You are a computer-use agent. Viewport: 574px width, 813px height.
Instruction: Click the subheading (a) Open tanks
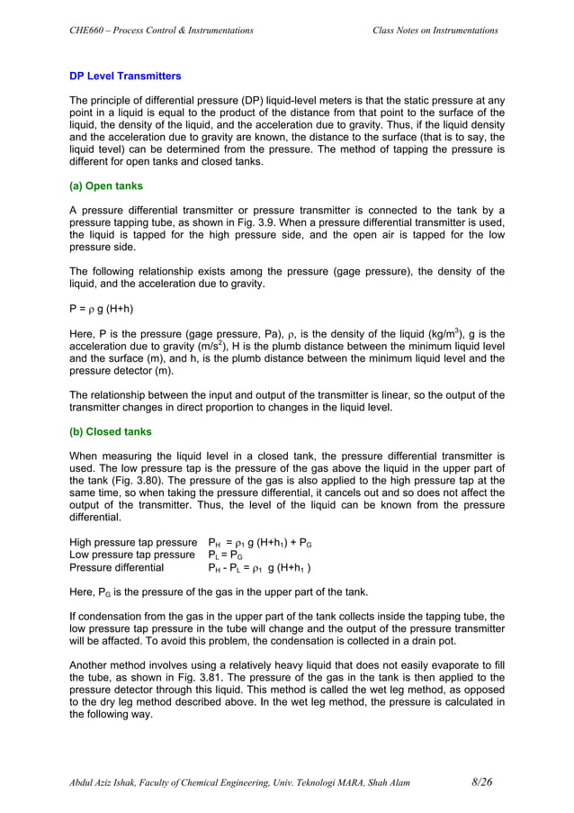tap(109, 186)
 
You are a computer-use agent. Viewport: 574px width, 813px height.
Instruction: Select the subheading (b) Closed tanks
tap(111, 431)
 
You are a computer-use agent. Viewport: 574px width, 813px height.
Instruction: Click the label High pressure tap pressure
tap(133, 543)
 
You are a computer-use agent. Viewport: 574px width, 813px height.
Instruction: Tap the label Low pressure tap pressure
tap(131, 556)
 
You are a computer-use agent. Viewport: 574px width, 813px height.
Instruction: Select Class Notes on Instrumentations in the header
tap(435, 31)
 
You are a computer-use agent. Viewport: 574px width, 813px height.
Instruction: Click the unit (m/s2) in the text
tap(229, 348)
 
